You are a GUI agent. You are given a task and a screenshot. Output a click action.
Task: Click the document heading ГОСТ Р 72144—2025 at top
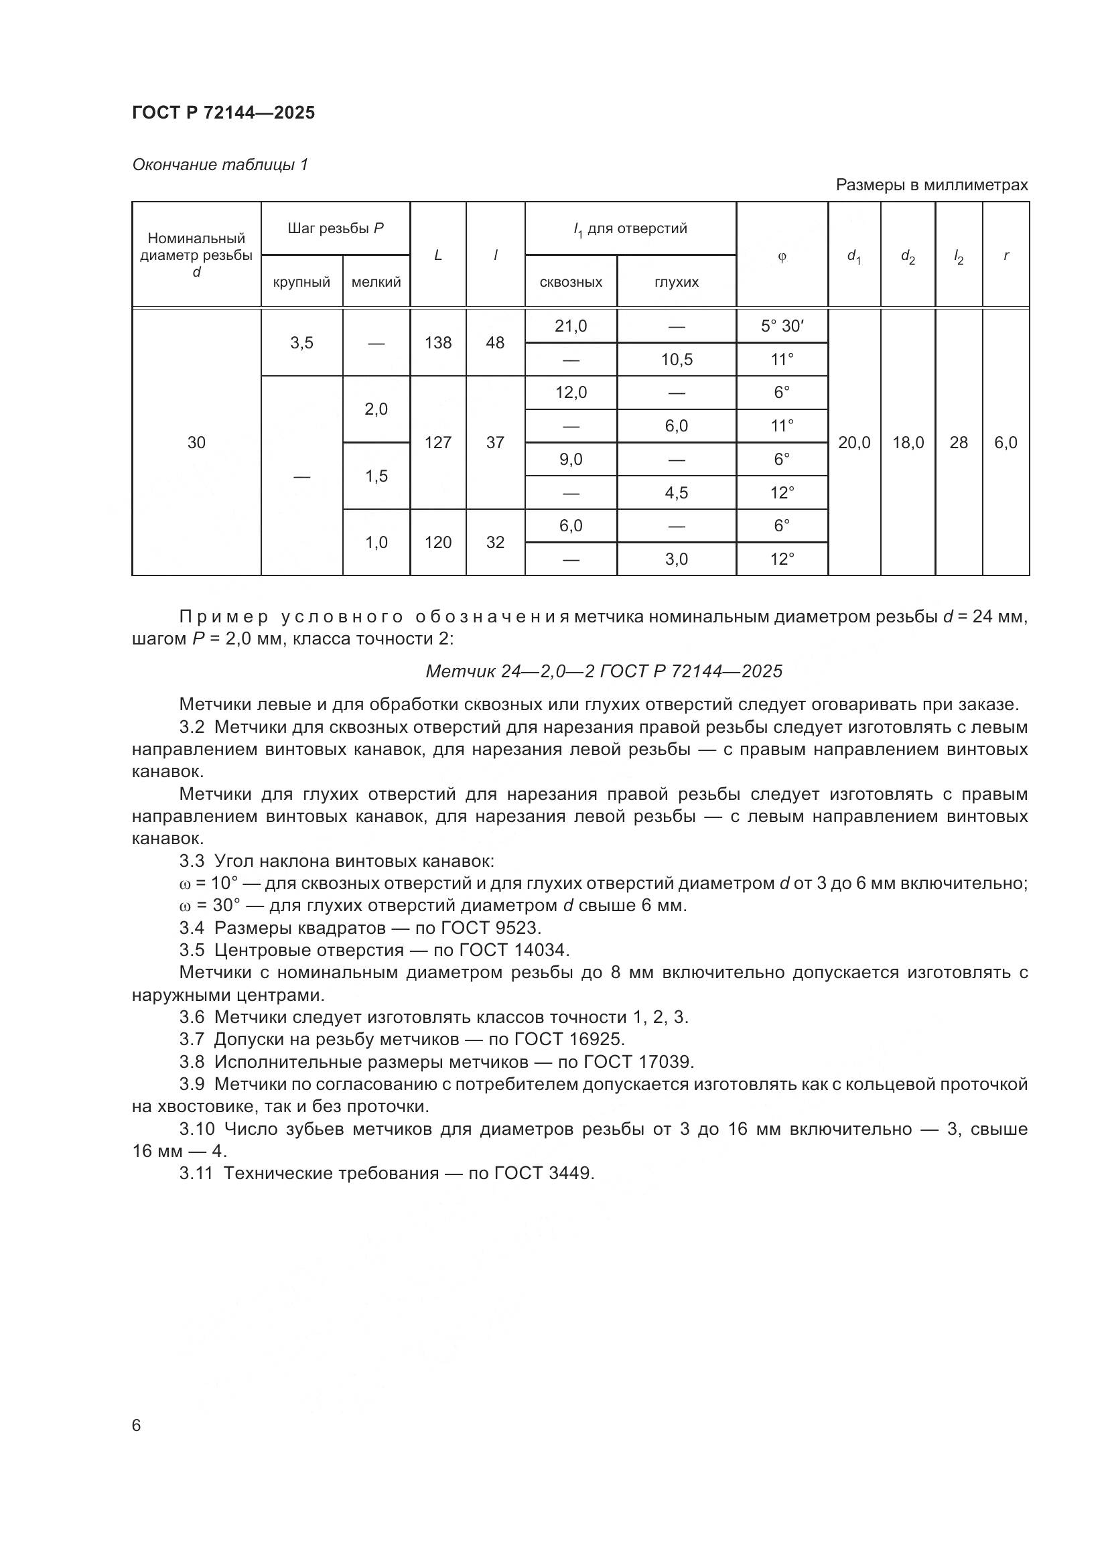click(x=223, y=113)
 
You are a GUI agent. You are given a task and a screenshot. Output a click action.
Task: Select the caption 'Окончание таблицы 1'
click(x=220, y=165)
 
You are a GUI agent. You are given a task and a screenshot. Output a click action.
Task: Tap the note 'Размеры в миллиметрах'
click(x=931, y=185)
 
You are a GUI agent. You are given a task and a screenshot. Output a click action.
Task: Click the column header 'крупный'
click(x=301, y=282)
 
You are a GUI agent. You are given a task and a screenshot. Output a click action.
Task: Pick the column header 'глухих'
click(x=676, y=282)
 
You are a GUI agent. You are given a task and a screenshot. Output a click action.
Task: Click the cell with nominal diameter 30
click(x=196, y=442)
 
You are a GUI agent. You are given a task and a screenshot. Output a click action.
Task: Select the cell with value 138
click(x=438, y=342)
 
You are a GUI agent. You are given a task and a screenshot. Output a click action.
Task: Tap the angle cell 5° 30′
click(x=782, y=326)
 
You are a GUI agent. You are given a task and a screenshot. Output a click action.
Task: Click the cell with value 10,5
click(x=676, y=360)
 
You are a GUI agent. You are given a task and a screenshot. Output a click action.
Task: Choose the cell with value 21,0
click(x=570, y=326)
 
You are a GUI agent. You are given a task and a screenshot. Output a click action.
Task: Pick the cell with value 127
click(x=438, y=442)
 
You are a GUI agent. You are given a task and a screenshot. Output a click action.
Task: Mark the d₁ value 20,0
click(x=854, y=442)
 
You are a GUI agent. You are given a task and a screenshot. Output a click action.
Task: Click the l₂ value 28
click(x=959, y=442)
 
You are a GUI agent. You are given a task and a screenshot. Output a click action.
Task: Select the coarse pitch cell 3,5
click(x=301, y=342)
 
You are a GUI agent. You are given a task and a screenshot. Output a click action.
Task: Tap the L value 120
click(x=438, y=542)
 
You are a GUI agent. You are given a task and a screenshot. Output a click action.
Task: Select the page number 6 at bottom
click(x=137, y=1426)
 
